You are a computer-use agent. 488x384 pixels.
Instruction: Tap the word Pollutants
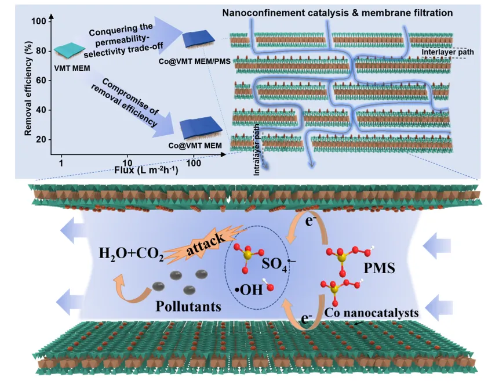(188, 306)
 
